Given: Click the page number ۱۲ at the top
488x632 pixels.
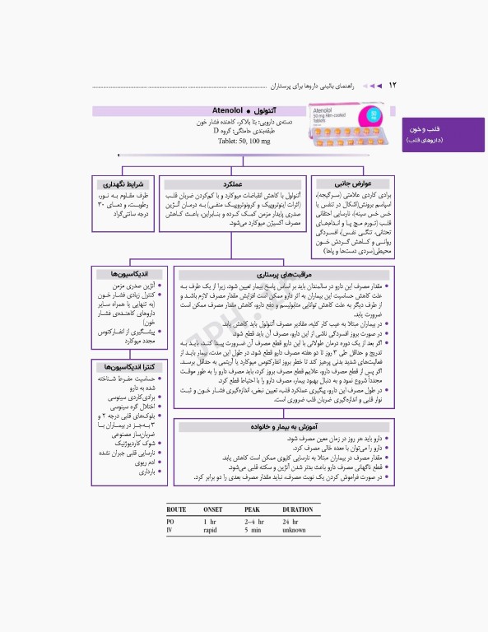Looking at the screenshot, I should [x=393, y=85].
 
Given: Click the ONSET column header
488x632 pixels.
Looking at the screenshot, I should [x=214, y=510].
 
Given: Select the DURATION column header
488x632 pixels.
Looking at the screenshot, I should [x=298, y=510].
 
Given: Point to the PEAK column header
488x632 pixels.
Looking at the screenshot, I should [x=252, y=510].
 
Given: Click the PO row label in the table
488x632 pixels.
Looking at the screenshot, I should [x=170, y=522].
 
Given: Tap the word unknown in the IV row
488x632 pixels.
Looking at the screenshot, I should [x=294, y=531].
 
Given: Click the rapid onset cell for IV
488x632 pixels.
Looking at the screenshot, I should [x=213, y=531].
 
